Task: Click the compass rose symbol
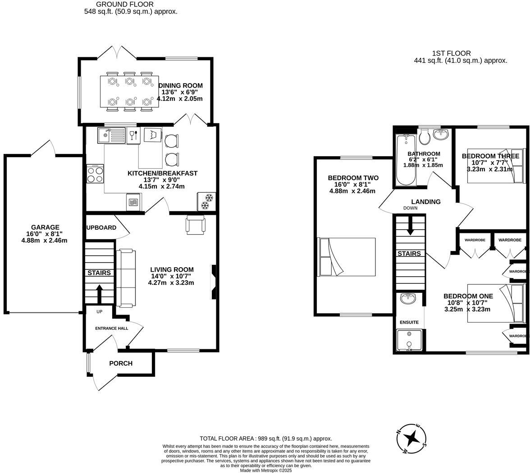[411, 438]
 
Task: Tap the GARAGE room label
[45, 227]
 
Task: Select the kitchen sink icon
[112, 135]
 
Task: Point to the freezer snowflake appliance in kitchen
[207, 202]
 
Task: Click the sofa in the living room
[126, 278]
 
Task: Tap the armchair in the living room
[195, 224]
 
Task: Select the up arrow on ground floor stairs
[100, 294]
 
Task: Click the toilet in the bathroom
[425, 136]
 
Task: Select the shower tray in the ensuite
[409, 340]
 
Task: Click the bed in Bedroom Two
[347, 257]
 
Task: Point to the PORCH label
[121, 363]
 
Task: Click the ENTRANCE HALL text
[111, 329]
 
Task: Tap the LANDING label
[425, 202]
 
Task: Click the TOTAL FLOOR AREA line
[266, 438]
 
